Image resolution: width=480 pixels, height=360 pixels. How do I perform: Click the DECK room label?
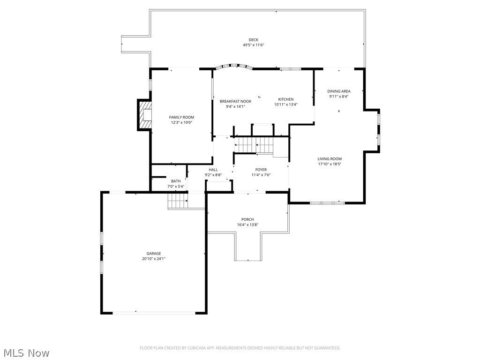[253, 40]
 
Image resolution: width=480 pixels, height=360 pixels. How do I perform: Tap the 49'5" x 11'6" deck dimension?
[253, 45]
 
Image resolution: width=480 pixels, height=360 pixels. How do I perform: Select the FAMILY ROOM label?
[181, 117]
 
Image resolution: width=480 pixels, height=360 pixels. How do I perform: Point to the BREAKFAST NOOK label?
[235, 101]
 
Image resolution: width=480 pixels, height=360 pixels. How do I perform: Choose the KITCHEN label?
[286, 99]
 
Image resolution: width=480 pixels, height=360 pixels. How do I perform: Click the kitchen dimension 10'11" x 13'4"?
[286, 105]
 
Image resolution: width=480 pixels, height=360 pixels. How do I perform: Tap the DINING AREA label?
[338, 91]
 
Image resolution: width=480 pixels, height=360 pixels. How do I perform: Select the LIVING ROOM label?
[330, 159]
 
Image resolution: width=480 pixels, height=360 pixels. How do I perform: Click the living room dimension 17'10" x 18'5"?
[330, 164]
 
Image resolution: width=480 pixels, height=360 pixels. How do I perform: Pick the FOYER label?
[261, 170]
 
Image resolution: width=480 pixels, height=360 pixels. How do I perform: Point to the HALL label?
[213, 170]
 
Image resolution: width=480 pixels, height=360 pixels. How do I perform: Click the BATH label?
[176, 181]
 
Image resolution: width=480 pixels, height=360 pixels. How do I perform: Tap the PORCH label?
[247, 219]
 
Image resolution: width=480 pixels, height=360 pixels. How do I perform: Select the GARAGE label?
[153, 254]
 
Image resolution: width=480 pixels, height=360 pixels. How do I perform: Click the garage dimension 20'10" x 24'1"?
[153, 259]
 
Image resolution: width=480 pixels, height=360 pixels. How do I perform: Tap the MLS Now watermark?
[26, 352]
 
